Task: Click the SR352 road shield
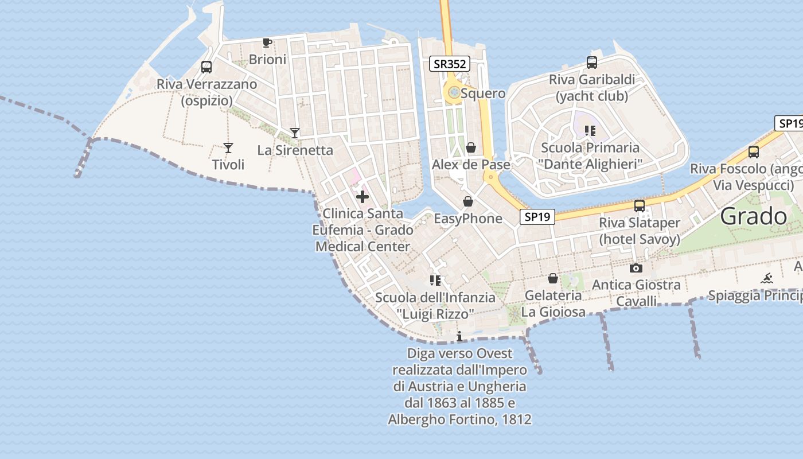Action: (x=450, y=64)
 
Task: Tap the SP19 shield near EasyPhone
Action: (x=537, y=216)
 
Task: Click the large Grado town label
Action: (x=754, y=216)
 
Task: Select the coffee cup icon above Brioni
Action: (x=267, y=42)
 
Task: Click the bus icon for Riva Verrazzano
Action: (x=206, y=67)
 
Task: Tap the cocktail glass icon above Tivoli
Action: (x=228, y=148)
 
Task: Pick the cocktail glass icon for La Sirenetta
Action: (x=295, y=133)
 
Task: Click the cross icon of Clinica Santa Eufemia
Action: (x=362, y=197)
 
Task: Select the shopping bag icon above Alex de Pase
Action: (x=471, y=148)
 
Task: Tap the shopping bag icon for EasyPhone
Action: (x=468, y=201)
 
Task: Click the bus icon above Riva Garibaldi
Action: (x=591, y=63)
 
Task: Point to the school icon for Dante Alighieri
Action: (x=590, y=131)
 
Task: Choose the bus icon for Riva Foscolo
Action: (x=754, y=152)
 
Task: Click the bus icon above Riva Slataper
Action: (x=640, y=206)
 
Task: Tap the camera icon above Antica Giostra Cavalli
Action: (x=636, y=268)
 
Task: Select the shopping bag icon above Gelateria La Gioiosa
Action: (x=553, y=278)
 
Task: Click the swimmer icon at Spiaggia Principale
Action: (x=767, y=279)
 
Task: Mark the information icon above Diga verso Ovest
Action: (x=459, y=336)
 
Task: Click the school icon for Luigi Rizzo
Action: (x=435, y=281)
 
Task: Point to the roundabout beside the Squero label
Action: (x=454, y=92)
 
